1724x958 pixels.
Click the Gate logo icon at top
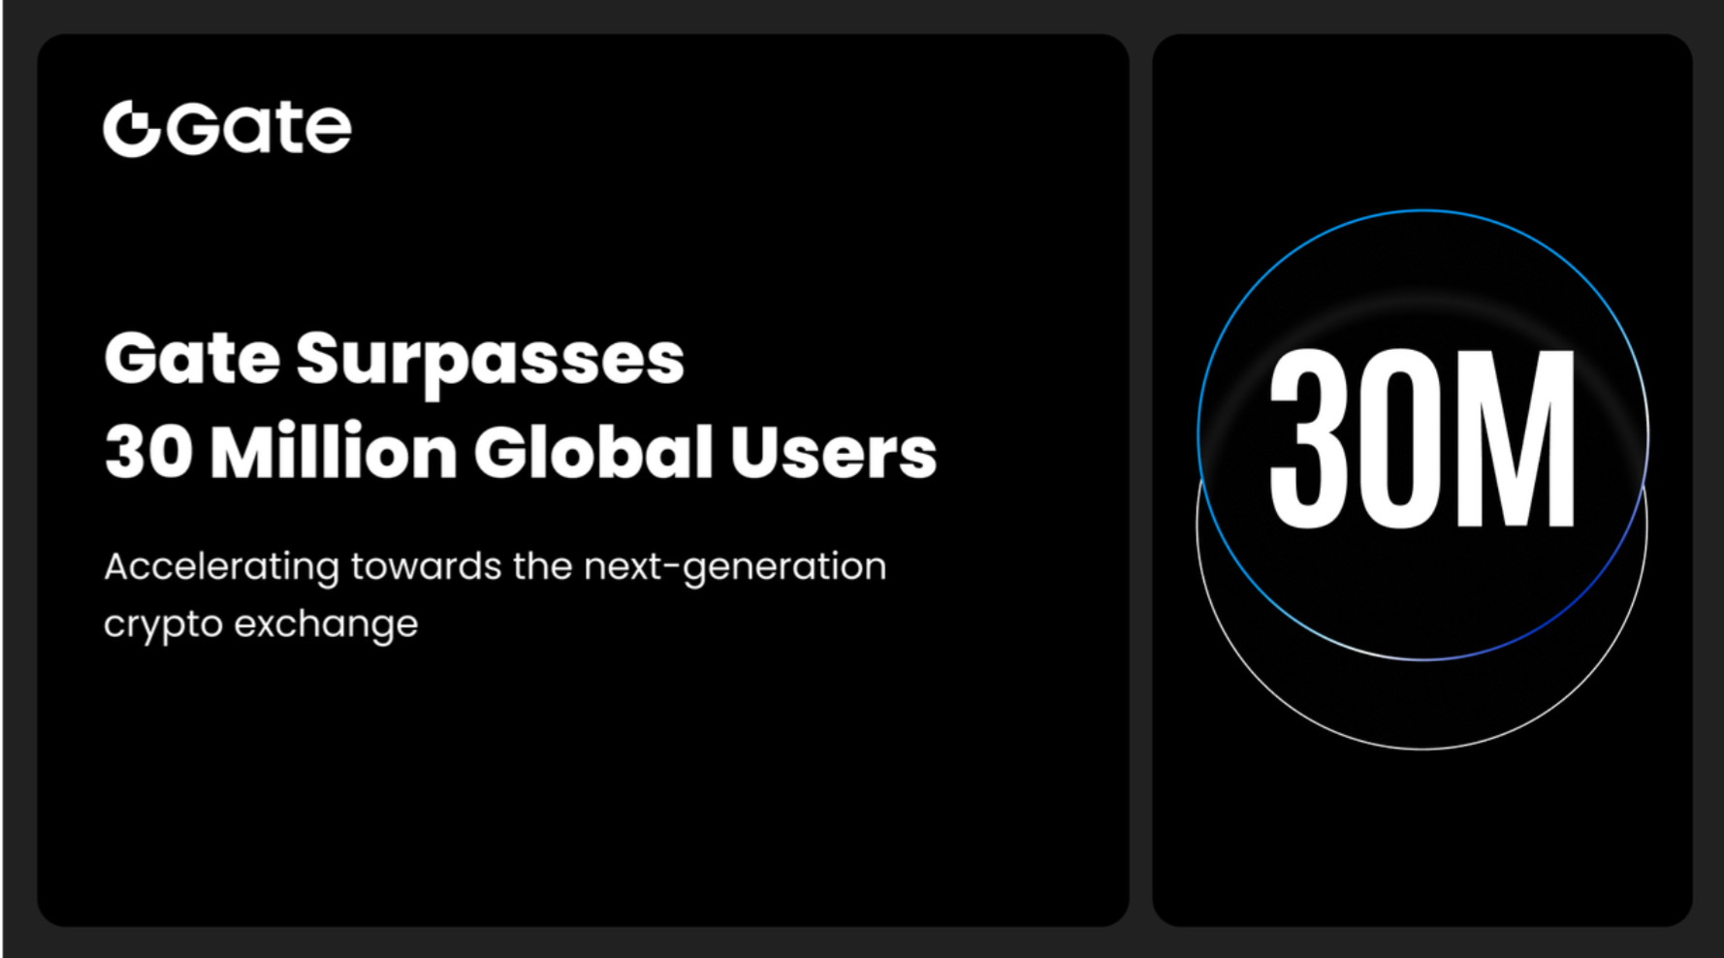click(131, 128)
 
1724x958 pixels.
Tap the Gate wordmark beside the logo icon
click(259, 128)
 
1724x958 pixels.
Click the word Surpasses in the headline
click(490, 361)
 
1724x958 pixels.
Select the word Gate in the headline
click(192, 359)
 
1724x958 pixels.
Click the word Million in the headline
click(334, 452)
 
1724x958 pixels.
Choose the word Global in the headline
click(593, 452)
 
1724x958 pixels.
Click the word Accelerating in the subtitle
click(221, 567)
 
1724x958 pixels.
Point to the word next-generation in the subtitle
click(735, 567)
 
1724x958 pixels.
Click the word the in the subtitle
click(542, 566)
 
